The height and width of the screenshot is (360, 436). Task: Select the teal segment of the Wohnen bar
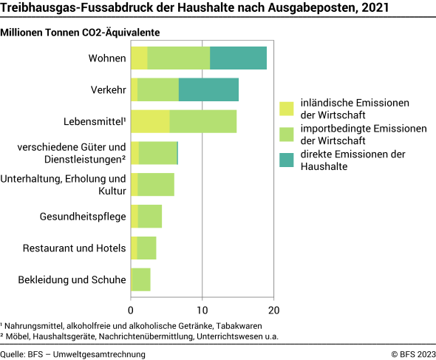point(238,58)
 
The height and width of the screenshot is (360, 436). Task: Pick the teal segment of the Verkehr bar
point(208,89)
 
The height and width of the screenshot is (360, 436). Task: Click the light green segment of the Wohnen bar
point(178,58)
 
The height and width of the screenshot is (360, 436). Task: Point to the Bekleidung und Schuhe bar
point(140,279)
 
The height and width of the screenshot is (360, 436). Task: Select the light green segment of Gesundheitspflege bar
point(150,217)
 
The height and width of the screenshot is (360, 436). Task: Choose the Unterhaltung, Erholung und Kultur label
point(64,185)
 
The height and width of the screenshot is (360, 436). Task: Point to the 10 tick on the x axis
point(202,310)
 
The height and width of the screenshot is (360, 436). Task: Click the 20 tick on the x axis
point(273,310)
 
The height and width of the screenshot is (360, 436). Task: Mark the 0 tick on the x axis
point(131,310)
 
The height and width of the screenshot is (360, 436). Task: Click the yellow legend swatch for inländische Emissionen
point(287,109)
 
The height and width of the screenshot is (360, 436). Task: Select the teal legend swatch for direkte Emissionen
point(287,160)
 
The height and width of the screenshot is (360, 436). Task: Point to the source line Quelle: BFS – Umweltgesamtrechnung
point(73,354)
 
